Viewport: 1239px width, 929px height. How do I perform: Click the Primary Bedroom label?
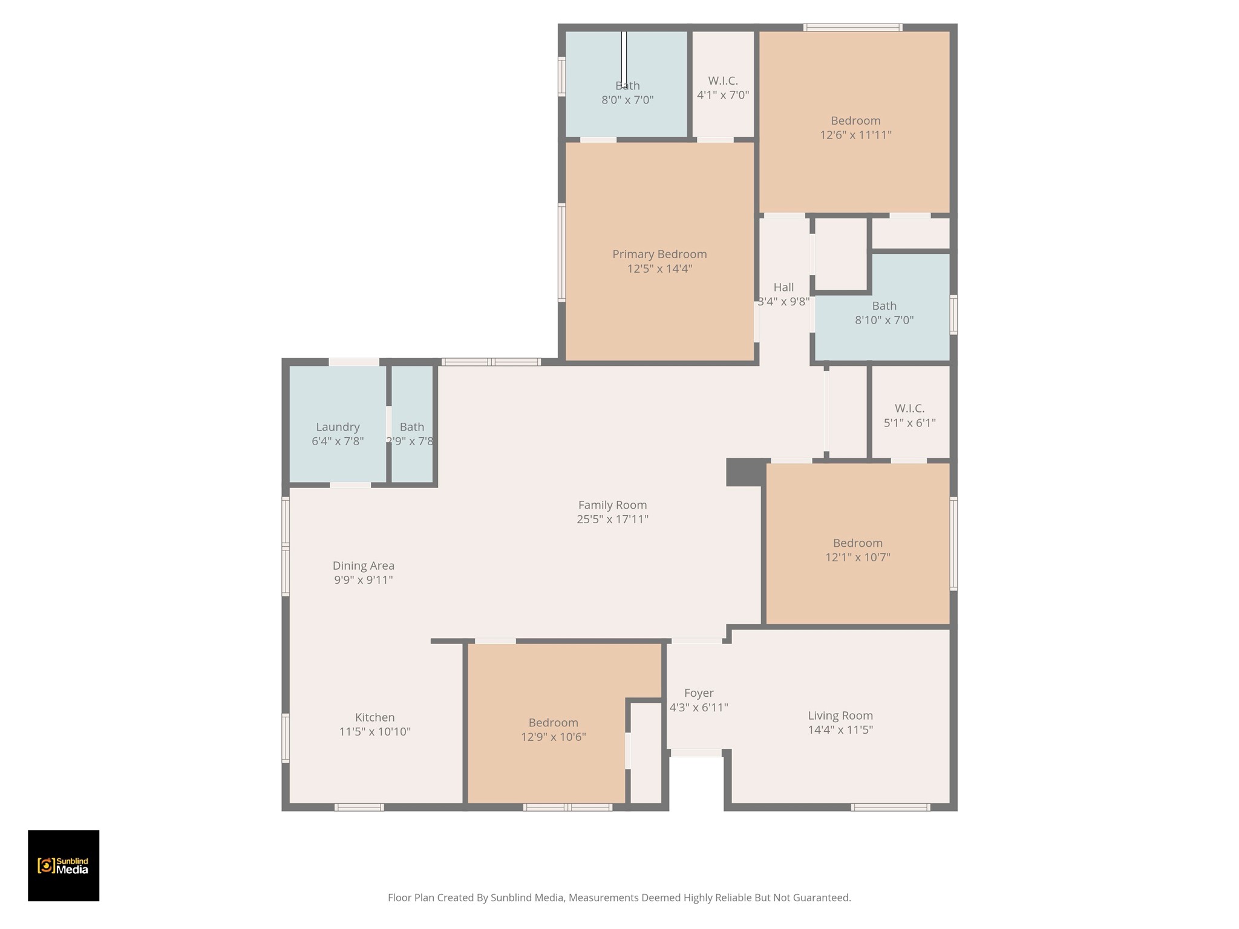tap(659, 254)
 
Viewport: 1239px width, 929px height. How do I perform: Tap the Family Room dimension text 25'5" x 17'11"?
tap(612, 519)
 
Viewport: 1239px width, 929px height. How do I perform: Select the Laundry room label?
tap(338, 427)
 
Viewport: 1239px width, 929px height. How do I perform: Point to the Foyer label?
tap(699, 693)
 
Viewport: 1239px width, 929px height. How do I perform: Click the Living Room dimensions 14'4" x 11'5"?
tap(840, 730)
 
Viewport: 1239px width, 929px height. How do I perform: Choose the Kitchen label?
tap(374, 717)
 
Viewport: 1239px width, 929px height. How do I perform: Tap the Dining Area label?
tap(363, 566)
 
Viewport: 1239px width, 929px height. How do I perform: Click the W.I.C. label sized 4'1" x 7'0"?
tap(723, 81)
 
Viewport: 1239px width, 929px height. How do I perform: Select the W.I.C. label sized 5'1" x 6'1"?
tap(909, 408)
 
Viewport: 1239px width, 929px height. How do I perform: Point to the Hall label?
tap(783, 287)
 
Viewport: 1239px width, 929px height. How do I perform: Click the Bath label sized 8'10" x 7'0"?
tap(884, 306)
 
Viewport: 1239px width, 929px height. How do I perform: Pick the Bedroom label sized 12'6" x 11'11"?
tap(855, 121)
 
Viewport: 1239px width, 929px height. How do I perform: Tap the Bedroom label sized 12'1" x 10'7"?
tap(857, 543)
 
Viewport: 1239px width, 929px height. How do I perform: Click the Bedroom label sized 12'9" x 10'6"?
tap(553, 723)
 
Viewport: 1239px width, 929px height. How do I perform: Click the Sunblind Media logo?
tap(64, 865)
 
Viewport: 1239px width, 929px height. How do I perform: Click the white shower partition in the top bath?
tap(624, 59)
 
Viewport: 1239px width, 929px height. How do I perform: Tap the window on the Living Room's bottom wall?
tap(890, 807)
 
